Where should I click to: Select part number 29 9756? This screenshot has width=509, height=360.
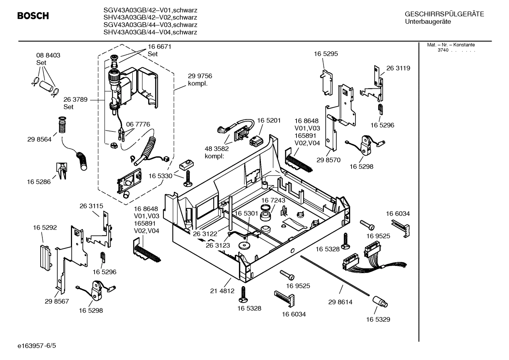coord(200,76)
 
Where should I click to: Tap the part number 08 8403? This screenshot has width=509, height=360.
coord(48,55)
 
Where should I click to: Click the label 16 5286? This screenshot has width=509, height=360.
coord(38,182)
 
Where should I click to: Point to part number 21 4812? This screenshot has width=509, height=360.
coord(222,291)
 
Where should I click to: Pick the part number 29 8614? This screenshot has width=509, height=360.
coord(340,302)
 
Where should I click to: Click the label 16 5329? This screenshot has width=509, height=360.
coord(378,319)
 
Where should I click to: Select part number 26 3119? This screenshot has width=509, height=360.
coord(398,68)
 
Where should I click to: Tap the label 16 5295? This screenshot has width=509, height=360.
coord(326,54)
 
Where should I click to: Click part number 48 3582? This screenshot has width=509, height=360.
coord(217,148)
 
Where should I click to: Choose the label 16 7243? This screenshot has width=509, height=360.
coord(273,200)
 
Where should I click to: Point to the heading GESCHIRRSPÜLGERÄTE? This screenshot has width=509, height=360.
coord(444,14)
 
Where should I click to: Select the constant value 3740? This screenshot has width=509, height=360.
coord(443,50)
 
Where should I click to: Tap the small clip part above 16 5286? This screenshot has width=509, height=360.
coord(61,171)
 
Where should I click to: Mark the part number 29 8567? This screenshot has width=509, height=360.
coord(57,301)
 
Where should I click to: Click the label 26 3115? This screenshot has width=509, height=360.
coord(91,206)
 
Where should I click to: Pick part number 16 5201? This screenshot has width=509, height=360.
coord(269,120)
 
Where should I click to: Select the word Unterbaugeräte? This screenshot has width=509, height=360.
coord(428,22)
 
